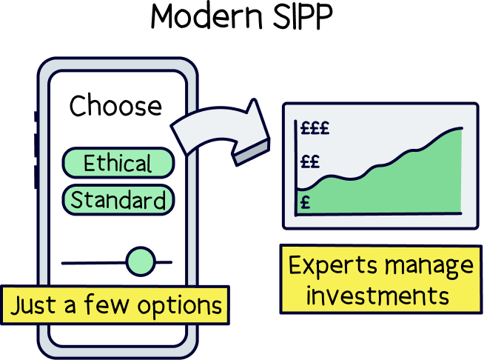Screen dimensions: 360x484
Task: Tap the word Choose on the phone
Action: [115, 106]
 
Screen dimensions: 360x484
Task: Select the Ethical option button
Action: [118, 163]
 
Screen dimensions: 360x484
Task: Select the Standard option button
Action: [118, 200]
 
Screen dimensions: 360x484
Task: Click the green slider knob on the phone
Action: [140, 261]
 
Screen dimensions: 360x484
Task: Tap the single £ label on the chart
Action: [305, 200]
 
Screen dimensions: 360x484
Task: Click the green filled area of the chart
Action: [400, 185]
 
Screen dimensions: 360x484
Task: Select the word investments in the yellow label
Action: [377, 296]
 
